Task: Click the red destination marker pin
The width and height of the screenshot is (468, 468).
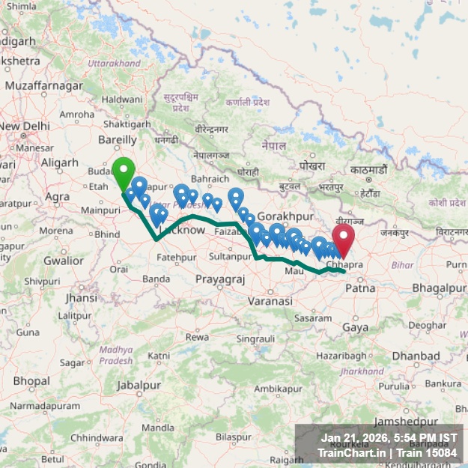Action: point(343,240)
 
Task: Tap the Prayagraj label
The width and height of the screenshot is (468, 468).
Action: point(220,279)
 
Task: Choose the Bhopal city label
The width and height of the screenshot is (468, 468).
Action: point(31,381)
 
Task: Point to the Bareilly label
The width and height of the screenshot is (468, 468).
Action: point(118,139)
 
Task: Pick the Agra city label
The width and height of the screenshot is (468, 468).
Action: point(57,196)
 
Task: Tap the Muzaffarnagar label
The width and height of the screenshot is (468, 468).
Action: point(46,86)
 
